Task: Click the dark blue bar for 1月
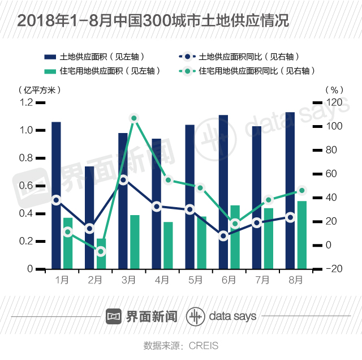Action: [56, 195]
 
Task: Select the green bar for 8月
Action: [302, 235]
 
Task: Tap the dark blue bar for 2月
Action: [89, 218]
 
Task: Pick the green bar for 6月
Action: [235, 237]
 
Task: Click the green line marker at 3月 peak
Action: [134, 118]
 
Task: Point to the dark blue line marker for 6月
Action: [223, 235]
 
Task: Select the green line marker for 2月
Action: [101, 251]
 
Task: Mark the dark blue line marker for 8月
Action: [291, 217]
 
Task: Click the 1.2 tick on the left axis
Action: [26, 102]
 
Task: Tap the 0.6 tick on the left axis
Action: [26, 186]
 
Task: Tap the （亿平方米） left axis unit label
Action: [39, 89]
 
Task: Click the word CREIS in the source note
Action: [203, 345]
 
